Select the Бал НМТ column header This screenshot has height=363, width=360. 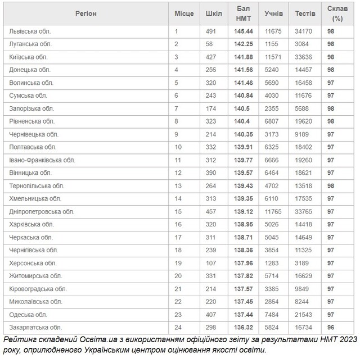[243, 13]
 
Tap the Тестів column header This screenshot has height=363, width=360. [305, 13]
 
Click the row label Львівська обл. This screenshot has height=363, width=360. [31, 31]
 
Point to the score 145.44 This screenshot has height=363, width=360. [243, 31]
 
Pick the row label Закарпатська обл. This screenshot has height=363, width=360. [36, 327]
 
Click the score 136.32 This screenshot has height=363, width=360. [243, 327]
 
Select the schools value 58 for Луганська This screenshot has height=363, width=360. [210, 44]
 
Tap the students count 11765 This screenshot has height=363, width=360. [275, 211]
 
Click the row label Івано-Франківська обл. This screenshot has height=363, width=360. [42, 160]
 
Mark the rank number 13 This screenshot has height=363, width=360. [178, 185]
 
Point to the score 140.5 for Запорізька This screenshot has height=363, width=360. [241, 108]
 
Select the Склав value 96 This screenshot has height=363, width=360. [331, 327]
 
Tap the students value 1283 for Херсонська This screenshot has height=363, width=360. [273, 263]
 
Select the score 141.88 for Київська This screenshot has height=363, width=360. [243, 57]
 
